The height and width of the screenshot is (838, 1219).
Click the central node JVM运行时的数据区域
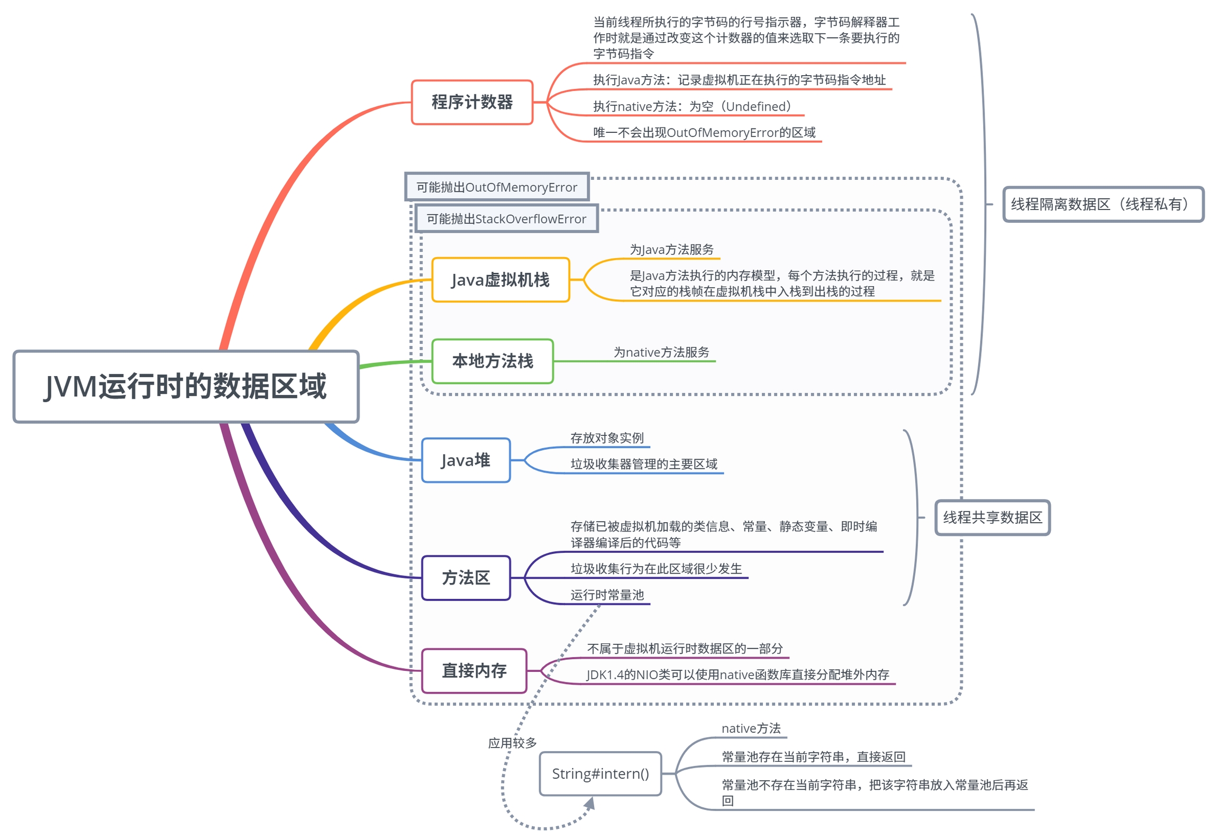point(186,386)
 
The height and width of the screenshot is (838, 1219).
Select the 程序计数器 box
point(471,102)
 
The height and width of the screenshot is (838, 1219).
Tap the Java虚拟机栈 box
point(500,280)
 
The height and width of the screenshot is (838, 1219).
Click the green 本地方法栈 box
point(492,361)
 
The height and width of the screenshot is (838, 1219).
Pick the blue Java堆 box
point(466,460)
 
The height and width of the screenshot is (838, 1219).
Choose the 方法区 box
point(466,578)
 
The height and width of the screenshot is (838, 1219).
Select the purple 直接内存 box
point(474,670)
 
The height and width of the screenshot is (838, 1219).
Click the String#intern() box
point(600,773)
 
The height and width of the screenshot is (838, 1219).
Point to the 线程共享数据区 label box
point(992,517)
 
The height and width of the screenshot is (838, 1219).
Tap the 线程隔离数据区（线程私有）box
point(1103,204)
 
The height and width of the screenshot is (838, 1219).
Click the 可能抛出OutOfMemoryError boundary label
point(496,187)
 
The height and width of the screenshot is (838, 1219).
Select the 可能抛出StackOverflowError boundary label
point(506,219)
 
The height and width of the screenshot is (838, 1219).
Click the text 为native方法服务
point(661,352)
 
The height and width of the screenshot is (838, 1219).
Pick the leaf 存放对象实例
point(607,438)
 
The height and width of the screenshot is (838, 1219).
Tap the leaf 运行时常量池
point(607,595)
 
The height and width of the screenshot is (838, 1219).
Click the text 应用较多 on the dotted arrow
point(512,743)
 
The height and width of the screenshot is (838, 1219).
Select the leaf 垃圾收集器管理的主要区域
point(643,464)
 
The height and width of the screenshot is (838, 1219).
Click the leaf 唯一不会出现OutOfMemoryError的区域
point(704,132)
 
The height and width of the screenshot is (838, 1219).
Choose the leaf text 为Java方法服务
point(671,250)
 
